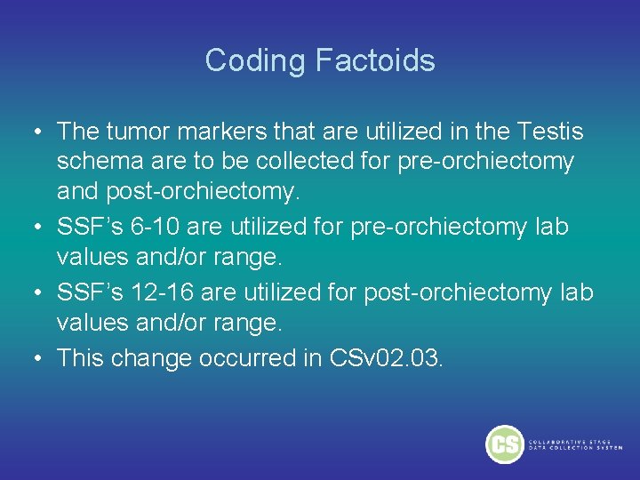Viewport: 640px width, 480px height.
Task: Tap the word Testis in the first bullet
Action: (548, 132)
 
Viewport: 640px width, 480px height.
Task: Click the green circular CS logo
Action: (504, 444)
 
